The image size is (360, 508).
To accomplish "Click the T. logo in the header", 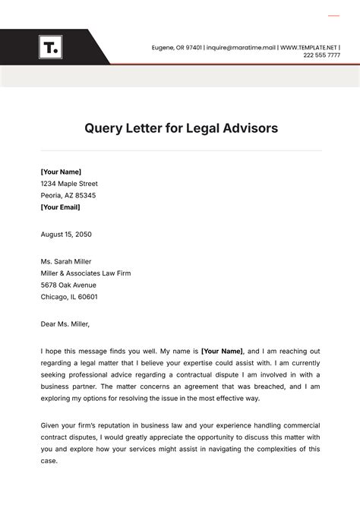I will [51, 48].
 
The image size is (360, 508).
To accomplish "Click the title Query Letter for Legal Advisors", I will [181, 128].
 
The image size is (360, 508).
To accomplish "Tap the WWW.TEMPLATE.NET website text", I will [309, 48].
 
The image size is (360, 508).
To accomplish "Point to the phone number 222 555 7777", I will [321, 56].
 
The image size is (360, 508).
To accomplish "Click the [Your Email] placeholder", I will [60, 207].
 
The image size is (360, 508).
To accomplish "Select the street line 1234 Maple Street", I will [69, 184].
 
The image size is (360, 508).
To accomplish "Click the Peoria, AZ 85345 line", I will [68, 195].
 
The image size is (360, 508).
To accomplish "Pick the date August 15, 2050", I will [66, 234].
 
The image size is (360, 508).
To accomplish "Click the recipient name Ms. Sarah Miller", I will [66, 262].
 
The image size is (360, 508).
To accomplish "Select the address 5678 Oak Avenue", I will [69, 285].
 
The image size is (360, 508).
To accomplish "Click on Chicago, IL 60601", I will [69, 297].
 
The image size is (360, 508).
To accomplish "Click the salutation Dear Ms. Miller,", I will [65, 324].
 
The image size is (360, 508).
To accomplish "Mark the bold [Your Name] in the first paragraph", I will [222, 352].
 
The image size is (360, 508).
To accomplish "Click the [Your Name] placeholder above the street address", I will [61, 172].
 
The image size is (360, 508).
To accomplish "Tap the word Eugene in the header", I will [163, 48].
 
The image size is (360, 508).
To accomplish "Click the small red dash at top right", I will [333, 15].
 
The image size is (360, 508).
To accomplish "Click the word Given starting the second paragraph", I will [51, 425].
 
